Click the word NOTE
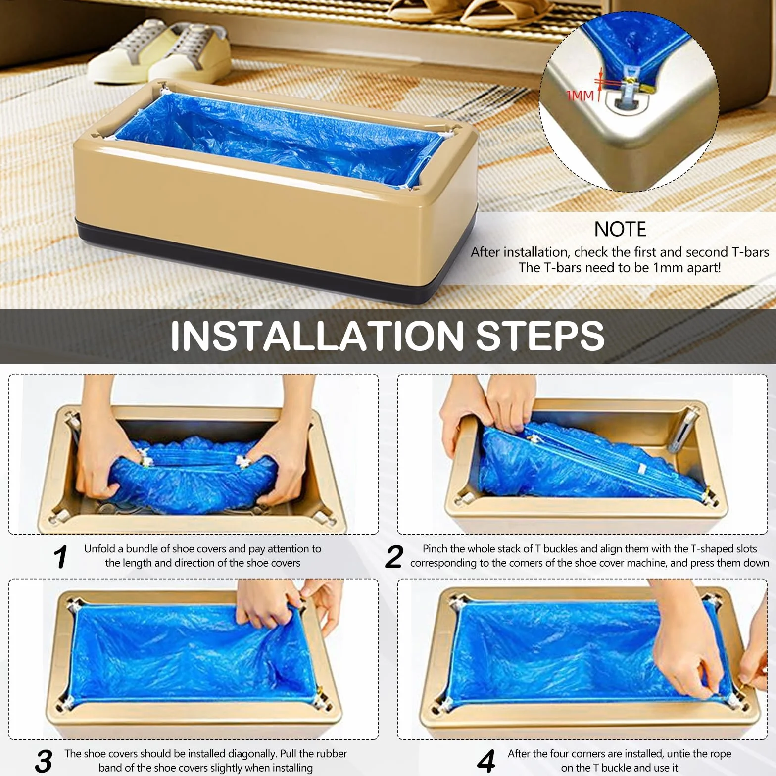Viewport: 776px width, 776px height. [620, 229]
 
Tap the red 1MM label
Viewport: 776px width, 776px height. [580, 95]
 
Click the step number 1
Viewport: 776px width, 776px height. [61, 557]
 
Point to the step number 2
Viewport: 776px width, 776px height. [394, 557]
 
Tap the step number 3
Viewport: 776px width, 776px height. [44, 761]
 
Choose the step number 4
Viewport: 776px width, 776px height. [486, 761]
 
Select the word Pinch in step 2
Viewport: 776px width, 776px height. [435, 549]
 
